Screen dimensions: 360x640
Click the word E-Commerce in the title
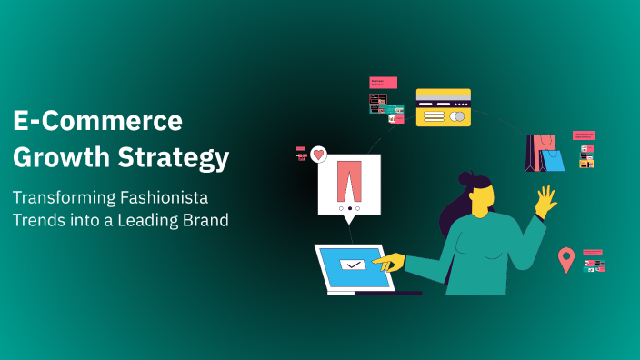point(98,121)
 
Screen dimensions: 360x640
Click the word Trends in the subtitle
point(40,221)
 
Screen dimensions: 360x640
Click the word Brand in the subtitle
point(207,221)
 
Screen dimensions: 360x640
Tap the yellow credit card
point(444,107)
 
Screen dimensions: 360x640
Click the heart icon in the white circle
point(318,155)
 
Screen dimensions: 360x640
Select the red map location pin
point(566,260)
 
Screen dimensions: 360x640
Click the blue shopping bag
point(551,160)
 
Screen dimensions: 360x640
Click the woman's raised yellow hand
point(546,201)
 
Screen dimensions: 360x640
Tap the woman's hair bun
point(468,179)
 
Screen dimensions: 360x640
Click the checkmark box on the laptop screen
point(351,265)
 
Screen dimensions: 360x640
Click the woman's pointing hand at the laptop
point(390,264)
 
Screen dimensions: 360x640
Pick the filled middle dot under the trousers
point(350,208)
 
